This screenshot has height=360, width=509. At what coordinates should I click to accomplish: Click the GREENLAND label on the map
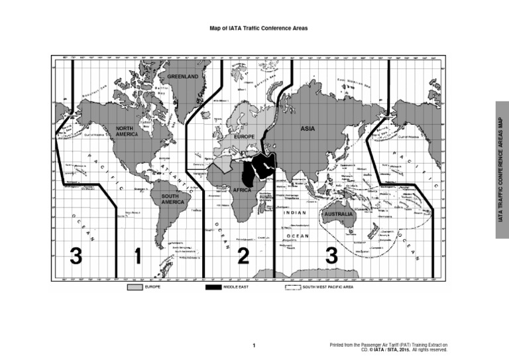click(182, 77)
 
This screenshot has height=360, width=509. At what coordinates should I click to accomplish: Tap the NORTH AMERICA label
click(127, 131)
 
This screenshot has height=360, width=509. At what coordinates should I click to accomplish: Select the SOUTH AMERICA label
click(170, 199)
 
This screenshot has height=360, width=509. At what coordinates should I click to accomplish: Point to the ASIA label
click(308, 128)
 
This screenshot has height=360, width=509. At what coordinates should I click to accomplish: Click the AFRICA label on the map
click(242, 190)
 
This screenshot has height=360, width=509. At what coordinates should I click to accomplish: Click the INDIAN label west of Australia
click(295, 213)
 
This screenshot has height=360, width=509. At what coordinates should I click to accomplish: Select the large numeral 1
click(138, 256)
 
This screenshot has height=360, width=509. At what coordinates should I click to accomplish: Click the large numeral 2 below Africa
click(243, 256)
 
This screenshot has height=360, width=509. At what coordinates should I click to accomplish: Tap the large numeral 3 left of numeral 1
click(76, 256)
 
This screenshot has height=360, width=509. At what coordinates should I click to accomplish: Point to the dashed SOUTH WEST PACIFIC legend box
click(292, 288)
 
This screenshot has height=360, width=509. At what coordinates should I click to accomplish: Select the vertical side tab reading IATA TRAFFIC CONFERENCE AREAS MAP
click(502, 169)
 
